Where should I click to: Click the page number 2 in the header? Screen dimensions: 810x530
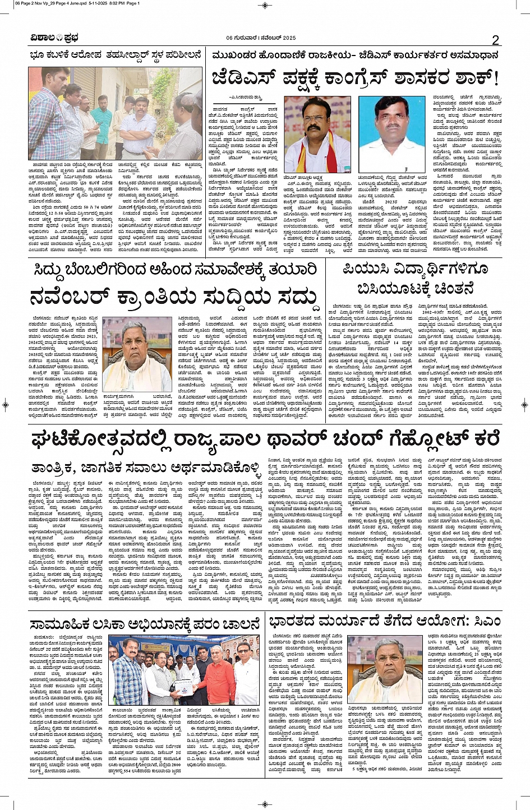(x=495, y=40)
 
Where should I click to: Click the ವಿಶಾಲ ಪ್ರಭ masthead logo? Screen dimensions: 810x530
(x=54, y=38)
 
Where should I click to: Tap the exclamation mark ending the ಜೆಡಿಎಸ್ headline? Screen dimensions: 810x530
(x=494, y=77)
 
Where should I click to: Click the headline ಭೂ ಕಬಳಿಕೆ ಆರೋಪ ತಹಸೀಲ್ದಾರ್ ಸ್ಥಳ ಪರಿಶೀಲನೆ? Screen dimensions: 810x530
(x=116, y=55)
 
